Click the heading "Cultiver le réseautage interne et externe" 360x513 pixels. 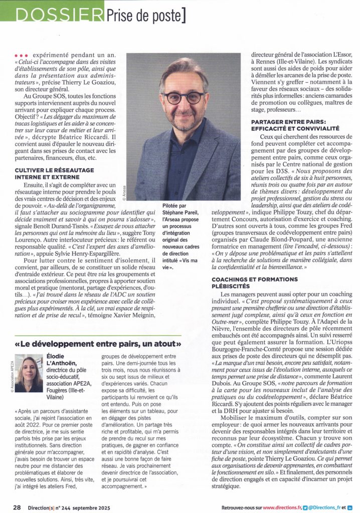(54, 173)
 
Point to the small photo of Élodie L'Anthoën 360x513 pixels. (29, 373)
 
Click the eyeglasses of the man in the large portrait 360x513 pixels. (184, 97)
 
